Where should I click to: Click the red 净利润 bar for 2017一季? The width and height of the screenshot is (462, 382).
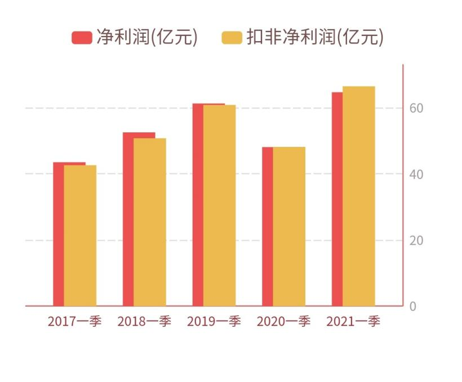click(58, 234)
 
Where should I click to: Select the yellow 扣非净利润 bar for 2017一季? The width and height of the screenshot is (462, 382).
click(80, 236)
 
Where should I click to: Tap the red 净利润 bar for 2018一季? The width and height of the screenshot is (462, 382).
click(128, 219)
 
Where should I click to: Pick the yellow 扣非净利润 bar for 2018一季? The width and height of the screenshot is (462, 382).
click(150, 222)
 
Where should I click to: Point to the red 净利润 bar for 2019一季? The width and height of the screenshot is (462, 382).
click(197, 205)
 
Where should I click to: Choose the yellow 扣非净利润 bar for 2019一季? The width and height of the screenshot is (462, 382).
click(220, 206)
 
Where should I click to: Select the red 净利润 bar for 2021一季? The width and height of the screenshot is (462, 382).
click(336, 199)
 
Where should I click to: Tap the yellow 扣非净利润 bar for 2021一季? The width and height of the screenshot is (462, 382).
click(359, 196)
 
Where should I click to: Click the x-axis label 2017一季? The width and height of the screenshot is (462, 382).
click(74, 322)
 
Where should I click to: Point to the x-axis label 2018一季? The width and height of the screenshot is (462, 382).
click(144, 322)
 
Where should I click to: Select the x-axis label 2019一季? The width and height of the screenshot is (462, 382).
click(214, 322)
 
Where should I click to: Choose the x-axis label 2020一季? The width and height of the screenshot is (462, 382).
click(283, 322)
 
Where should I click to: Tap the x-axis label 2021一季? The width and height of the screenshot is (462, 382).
click(353, 322)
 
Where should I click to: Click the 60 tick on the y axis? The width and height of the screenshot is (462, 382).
click(416, 108)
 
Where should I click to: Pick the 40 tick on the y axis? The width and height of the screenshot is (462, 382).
click(416, 174)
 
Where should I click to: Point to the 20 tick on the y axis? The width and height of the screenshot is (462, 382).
click(416, 241)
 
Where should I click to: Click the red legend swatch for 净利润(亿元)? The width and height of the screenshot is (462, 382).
click(82, 38)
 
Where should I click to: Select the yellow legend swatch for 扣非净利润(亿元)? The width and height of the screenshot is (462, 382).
click(232, 38)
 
